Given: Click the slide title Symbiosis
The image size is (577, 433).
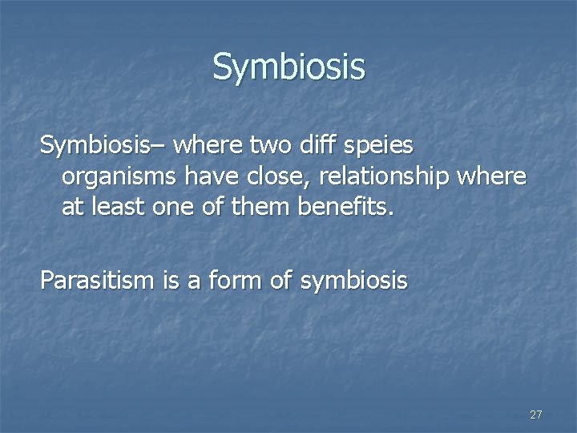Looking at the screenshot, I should (288, 67).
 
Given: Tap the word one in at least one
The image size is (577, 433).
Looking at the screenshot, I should (178, 208).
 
